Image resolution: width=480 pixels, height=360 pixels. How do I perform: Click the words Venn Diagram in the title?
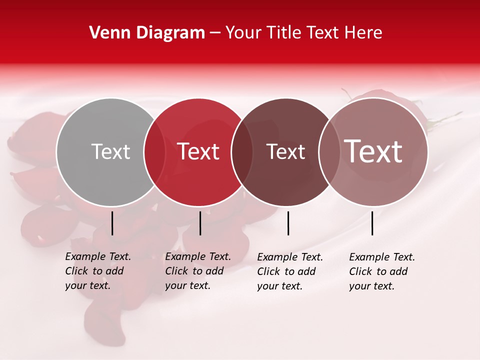click(147, 33)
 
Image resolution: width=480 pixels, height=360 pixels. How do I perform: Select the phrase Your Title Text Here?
click(303, 33)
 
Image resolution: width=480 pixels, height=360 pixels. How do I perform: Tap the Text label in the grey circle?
click(110, 151)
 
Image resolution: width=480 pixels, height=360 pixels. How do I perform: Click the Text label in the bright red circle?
click(198, 151)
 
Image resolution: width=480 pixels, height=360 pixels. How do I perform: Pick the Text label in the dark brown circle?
click(285, 152)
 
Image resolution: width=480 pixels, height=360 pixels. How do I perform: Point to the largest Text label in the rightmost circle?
click(373, 151)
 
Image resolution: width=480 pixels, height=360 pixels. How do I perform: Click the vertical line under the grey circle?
click(112, 223)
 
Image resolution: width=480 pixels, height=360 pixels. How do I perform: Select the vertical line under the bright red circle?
click(200, 223)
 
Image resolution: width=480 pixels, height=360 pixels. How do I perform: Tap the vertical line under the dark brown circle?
click(288, 223)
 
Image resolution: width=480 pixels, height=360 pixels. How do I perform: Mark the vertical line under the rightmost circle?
click(372, 223)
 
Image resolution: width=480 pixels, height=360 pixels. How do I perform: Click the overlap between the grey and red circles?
click(154, 152)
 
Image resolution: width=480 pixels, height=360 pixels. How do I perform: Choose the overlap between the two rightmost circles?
click(329, 152)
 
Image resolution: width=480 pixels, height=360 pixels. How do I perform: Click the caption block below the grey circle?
click(98, 271)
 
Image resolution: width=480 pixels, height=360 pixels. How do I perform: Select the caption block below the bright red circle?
click(198, 271)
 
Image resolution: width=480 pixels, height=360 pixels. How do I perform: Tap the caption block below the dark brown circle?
click(290, 271)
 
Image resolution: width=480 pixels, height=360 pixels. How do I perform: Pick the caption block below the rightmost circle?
click(382, 271)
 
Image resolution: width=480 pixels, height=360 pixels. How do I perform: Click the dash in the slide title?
click(215, 33)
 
